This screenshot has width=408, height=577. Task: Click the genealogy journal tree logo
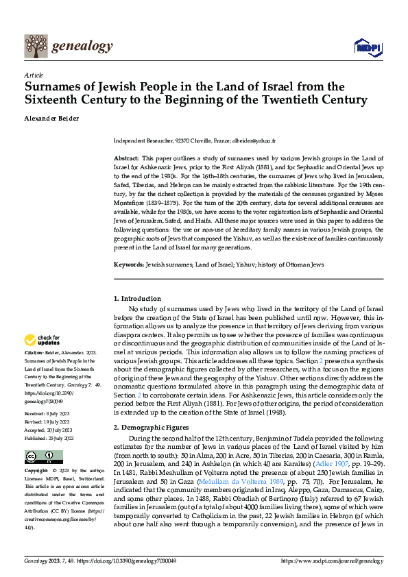(35, 47)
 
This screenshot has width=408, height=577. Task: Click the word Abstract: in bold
(126, 158)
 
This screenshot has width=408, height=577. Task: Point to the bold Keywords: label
(128, 264)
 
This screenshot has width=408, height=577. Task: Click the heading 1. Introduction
(137, 299)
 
